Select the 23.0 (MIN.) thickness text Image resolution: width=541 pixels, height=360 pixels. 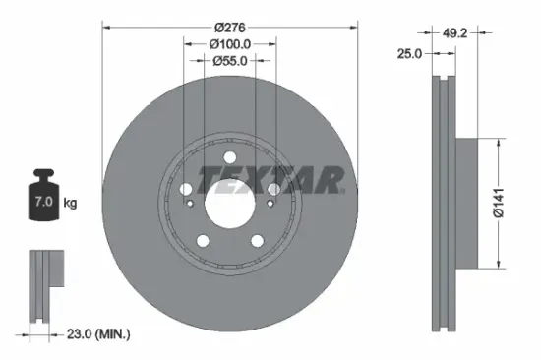pyautogui.click(x=96, y=335)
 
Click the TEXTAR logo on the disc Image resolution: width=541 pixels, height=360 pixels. pyautogui.click(x=271, y=180)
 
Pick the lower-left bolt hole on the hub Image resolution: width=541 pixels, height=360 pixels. pyautogui.click(x=203, y=240)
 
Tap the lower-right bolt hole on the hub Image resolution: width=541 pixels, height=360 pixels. pyautogui.click(x=257, y=240)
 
